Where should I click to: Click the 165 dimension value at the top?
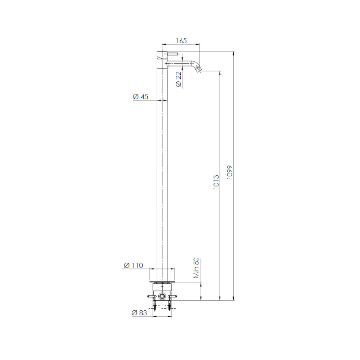(181, 41)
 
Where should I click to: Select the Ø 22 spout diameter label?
(179, 80)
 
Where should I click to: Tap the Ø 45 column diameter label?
(140, 96)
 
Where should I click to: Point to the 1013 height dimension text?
(216, 182)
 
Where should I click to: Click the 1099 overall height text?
(230, 172)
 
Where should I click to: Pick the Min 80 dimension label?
(196, 268)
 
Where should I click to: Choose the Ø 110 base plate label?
(134, 265)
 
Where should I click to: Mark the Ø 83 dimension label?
(139, 313)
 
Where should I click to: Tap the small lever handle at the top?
(172, 54)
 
